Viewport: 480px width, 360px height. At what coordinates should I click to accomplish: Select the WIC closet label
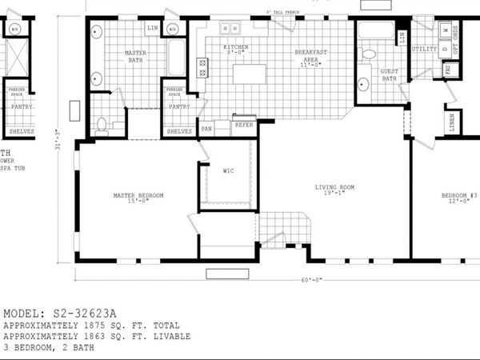tap(228, 170)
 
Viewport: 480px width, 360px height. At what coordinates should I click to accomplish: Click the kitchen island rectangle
tap(250, 74)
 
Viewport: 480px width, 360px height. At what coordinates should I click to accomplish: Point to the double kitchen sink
tap(230, 29)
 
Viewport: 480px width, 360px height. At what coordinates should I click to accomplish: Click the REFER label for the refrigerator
tap(244, 125)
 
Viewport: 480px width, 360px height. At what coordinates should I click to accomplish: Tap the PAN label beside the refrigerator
tap(206, 128)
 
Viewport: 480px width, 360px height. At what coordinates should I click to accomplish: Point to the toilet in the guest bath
tap(369, 54)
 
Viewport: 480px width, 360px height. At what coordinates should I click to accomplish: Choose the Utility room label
tap(424, 49)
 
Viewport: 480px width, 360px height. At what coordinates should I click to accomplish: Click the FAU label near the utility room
tap(447, 70)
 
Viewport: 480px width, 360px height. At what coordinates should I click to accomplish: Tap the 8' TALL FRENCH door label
tap(283, 12)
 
